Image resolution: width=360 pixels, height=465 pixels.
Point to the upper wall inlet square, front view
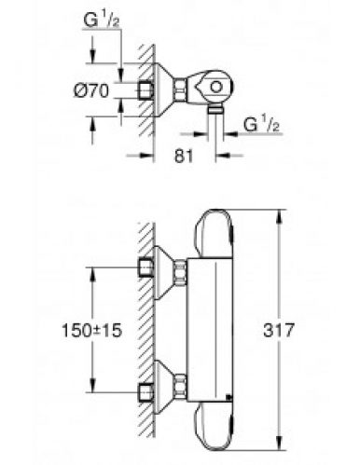145,269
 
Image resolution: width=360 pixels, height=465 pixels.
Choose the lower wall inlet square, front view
145,389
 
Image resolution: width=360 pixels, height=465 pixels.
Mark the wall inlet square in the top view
145,89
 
